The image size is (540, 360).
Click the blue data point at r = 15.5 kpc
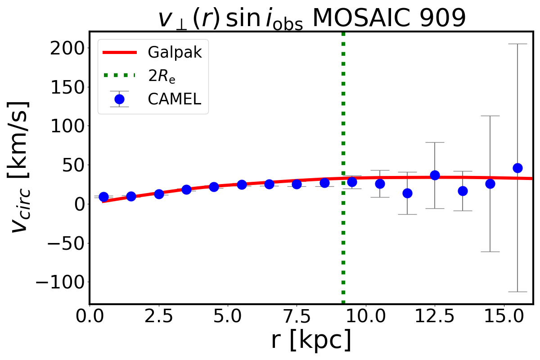tap(517, 168)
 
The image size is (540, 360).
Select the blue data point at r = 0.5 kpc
tap(103, 197)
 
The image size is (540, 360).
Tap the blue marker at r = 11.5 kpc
tap(407, 193)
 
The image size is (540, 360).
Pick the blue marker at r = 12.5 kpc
tap(435, 175)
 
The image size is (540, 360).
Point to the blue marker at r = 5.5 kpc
tap(242, 184)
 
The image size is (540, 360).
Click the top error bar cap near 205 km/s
tap(517, 44)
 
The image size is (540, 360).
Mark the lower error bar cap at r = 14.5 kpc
tap(490, 252)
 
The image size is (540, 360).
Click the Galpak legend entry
tap(175, 53)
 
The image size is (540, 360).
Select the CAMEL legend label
tap(174, 99)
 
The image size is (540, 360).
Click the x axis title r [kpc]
tap(311, 341)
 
